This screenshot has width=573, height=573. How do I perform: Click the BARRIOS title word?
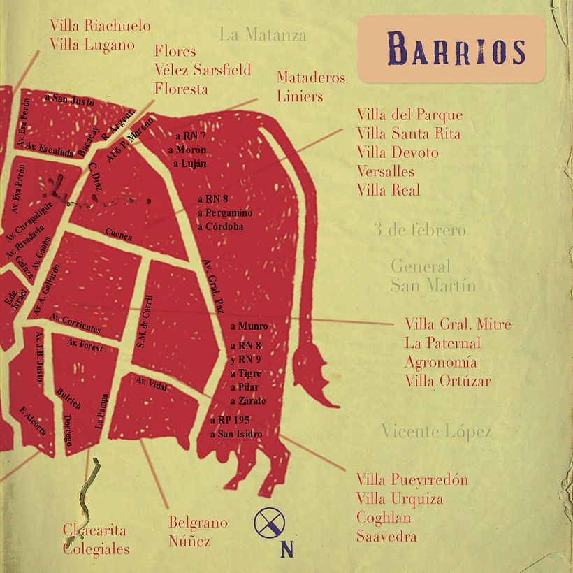pyautogui.click(x=456, y=50)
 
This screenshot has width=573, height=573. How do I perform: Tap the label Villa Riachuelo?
pyautogui.click(x=100, y=26)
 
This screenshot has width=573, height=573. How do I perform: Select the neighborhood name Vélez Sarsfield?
pyautogui.click(x=202, y=70)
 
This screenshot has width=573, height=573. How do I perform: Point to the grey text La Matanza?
pyautogui.click(x=262, y=34)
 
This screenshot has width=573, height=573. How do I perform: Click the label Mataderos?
pyautogui.click(x=310, y=78)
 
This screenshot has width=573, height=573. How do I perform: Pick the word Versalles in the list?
pyautogui.click(x=385, y=171)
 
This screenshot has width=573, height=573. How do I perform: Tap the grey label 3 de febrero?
pyautogui.click(x=419, y=230)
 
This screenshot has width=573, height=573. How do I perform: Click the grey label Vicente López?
pyautogui.click(x=436, y=432)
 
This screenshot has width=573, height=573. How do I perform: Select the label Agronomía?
pyautogui.click(x=440, y=362)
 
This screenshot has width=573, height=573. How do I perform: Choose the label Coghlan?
pyautogui.click(x=384, y=518)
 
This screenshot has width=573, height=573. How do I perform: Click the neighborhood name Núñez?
pyautogui.click(x=189, y=540)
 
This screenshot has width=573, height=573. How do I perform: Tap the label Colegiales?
pyautogui.click(x=96, y=549)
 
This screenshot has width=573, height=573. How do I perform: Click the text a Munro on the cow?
pyautogui.click(x=249, y=326)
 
